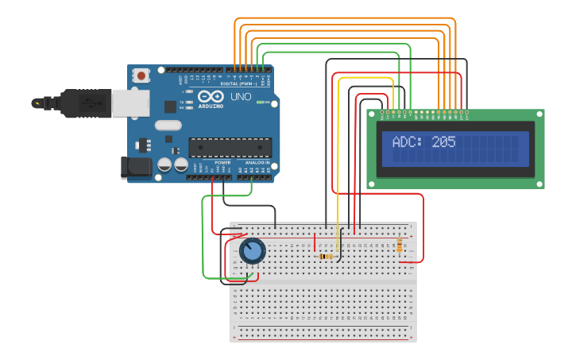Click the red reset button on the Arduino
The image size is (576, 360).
[141, 76]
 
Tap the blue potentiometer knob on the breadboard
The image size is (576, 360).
[252, 251]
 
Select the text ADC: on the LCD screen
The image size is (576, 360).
[408, 142]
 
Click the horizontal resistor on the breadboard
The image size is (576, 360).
[325, 257]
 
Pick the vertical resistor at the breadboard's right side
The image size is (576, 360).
[399, 245]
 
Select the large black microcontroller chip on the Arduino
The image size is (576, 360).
[230, 148]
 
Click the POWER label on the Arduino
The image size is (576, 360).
[222, 163]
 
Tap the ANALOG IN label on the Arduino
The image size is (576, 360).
[257, 163]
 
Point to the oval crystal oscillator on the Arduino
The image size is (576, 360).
[168, 125]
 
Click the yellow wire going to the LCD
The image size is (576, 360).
[339, 159]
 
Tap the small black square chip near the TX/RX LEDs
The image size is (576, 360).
[170, 106]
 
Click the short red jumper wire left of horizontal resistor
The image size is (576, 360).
[315, 242]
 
